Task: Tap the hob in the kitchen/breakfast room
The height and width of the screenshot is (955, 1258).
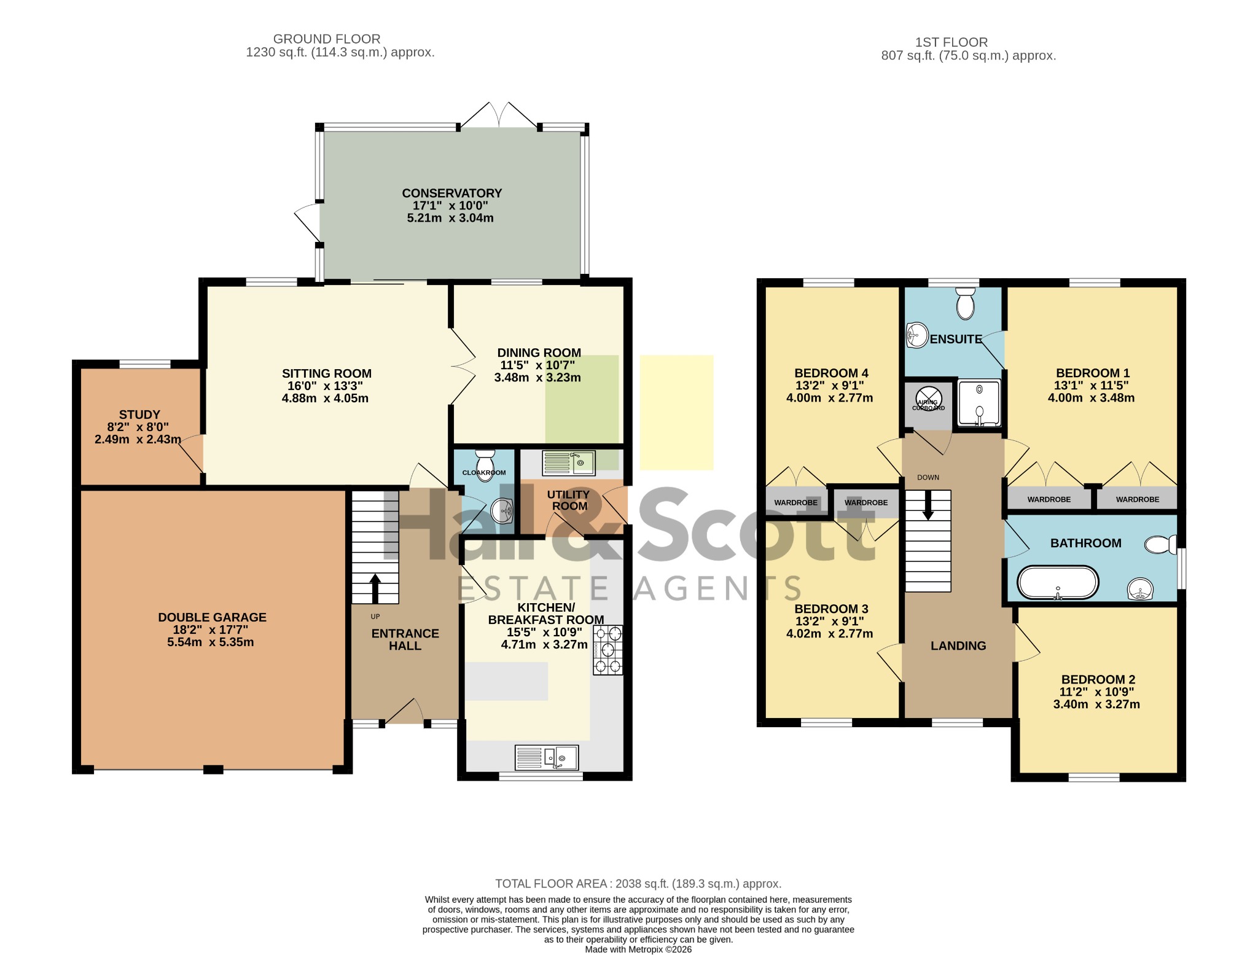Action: point(608,650)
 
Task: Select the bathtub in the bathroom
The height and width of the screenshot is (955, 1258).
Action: point(1058,582)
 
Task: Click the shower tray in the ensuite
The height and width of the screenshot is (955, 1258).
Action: point(979,403)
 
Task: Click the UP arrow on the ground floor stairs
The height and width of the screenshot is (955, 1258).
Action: point(375,588)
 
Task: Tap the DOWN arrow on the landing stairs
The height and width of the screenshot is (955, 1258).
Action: point(928,505)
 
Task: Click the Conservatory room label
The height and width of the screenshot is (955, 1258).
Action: point(452,193)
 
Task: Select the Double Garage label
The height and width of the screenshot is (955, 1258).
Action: point(212,617)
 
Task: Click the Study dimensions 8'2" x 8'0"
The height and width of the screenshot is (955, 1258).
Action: point(138,427)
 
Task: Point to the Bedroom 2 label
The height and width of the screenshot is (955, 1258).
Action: point(1098,679)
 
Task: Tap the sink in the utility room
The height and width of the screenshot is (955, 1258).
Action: point(569,462)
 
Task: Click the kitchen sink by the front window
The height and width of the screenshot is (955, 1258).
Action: point(547,757)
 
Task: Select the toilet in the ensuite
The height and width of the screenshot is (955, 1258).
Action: point(966,303)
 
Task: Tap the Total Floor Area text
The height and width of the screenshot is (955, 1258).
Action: point(638,884)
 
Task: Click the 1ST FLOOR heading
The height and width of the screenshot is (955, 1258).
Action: point(951,42)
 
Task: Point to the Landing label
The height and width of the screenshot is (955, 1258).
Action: point(958,645)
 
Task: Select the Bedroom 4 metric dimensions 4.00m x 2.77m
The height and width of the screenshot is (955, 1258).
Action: point(829,397)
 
